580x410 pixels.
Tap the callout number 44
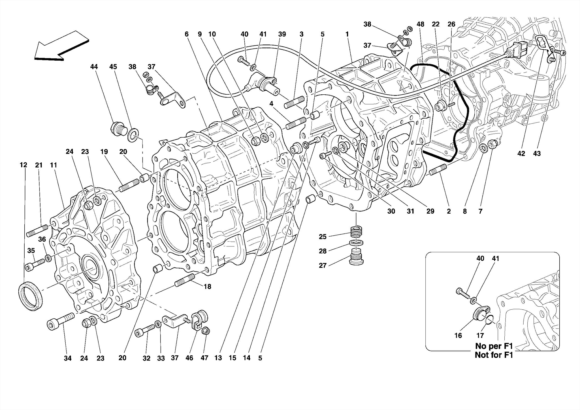94,67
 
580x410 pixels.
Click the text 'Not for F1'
494,355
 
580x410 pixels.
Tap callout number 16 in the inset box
458,335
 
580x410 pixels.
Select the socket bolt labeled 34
60,321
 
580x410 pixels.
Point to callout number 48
420,24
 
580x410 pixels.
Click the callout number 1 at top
347,34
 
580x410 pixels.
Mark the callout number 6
186,34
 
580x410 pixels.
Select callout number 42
521,154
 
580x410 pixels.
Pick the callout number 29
430,211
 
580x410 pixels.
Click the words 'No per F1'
494,346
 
